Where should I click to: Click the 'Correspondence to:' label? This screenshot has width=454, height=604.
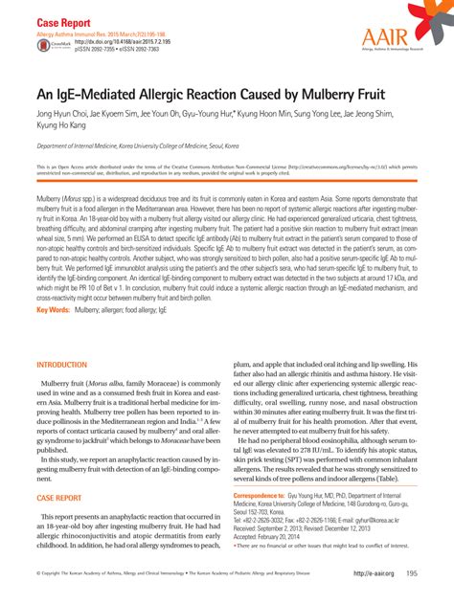point(265,496)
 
